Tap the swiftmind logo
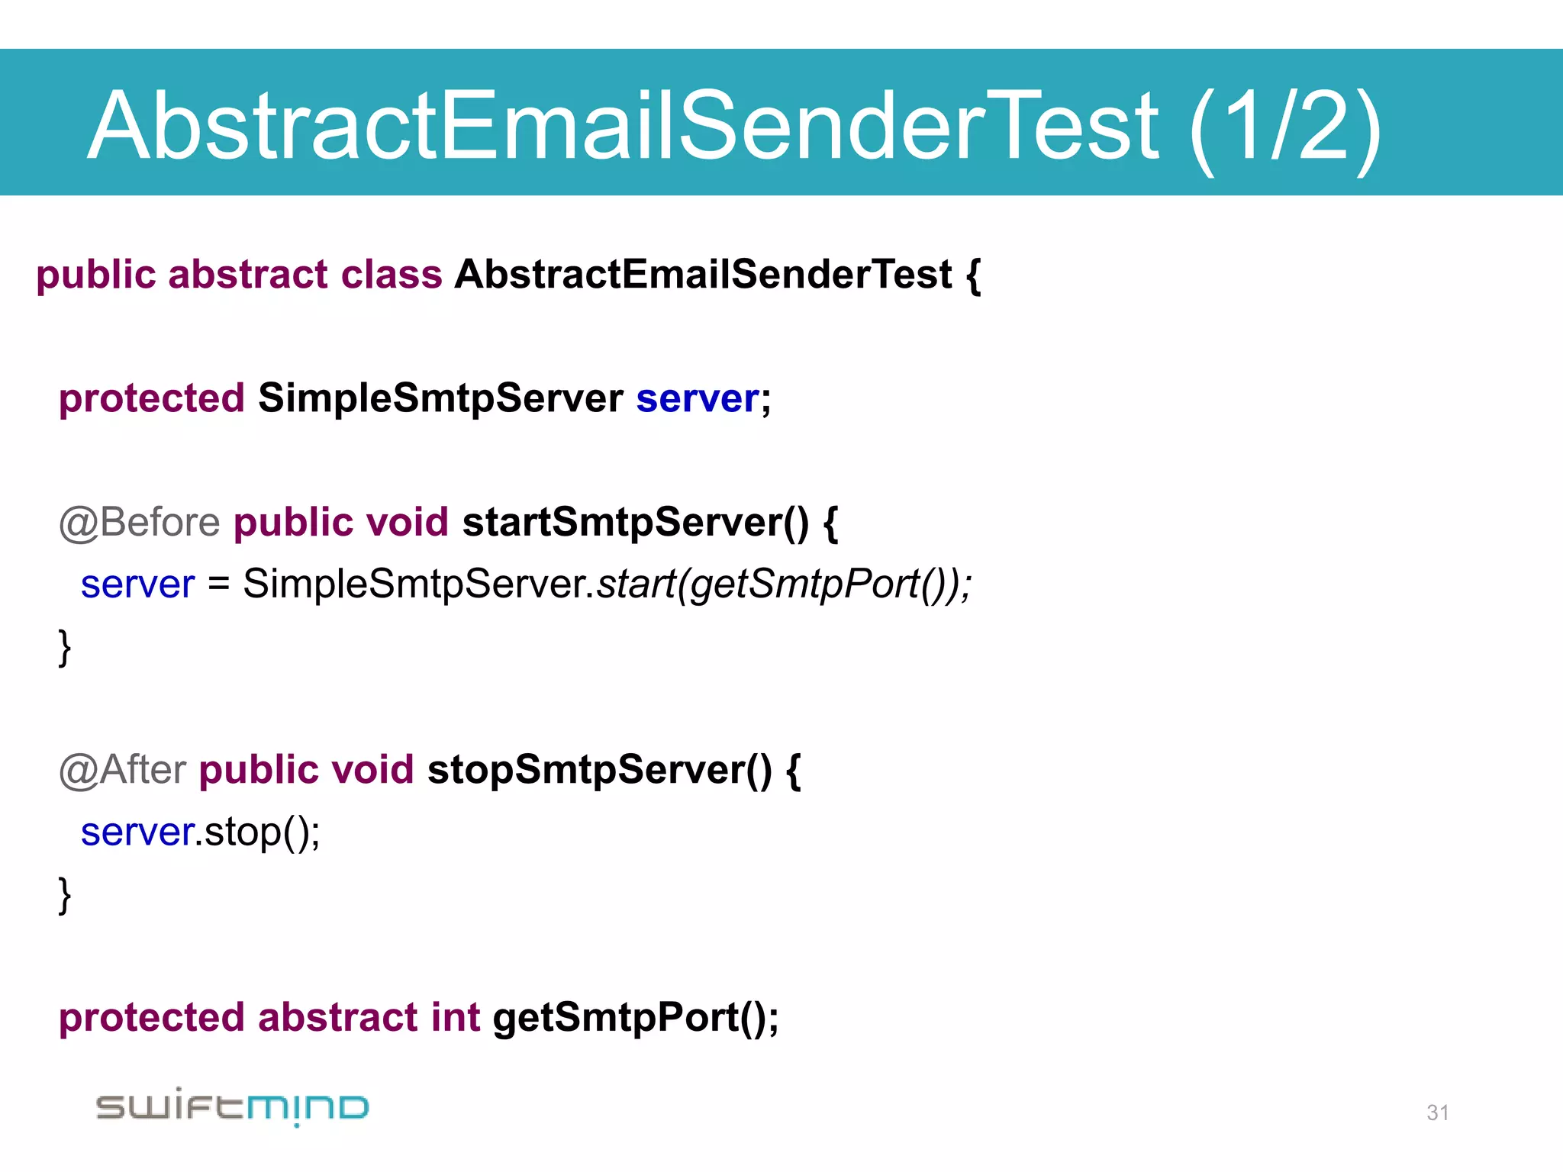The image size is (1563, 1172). point(232,1106)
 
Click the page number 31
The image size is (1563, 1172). point(1437,1112)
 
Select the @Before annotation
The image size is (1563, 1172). point(140,523)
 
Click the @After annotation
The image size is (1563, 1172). point(122,770)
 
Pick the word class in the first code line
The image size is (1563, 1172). point(391,275)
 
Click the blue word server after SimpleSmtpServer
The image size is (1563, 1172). point(698,399)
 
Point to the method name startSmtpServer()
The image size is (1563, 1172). point(635,523)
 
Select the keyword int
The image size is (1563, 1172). point(455,1018)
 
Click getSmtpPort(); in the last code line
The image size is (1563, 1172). point(636,1018)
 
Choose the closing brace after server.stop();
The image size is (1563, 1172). point(65,894)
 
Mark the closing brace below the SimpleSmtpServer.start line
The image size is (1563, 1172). point(65,647)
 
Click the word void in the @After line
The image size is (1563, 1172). point(372,770)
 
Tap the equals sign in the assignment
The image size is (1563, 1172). point(218,585)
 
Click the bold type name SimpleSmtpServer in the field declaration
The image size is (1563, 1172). point(440,399)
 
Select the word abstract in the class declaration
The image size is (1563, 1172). point(248,275)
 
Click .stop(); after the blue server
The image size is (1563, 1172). point(258,832)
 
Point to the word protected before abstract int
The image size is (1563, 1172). point(151,1018)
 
